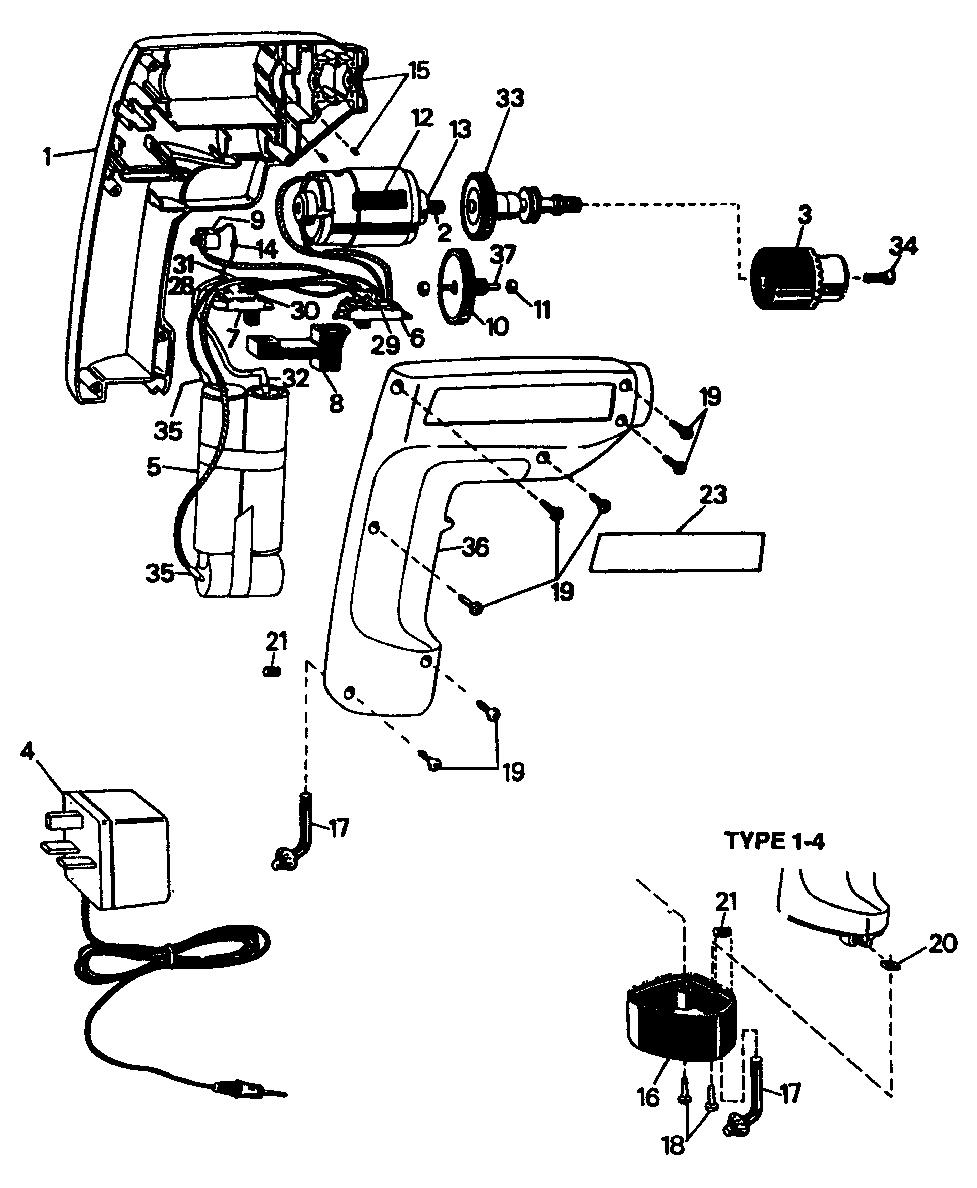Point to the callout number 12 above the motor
(422, 118)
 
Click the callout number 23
(713, 495)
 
